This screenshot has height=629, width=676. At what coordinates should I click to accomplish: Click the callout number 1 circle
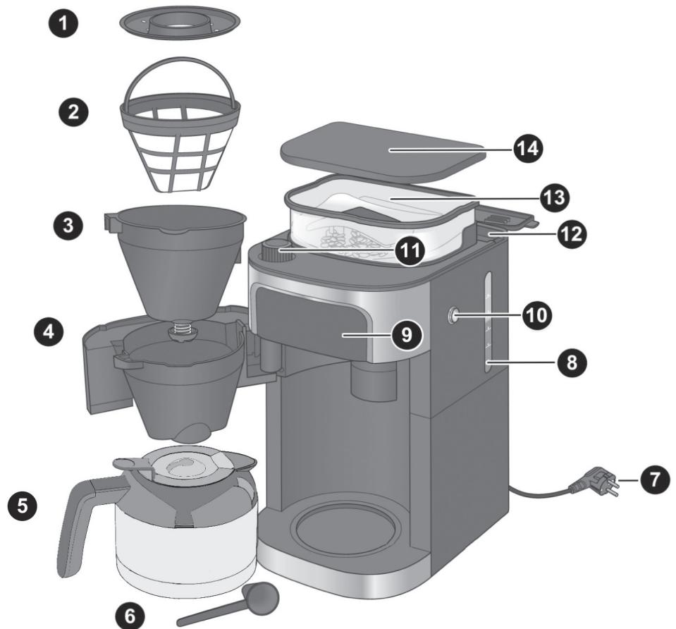(63, 23)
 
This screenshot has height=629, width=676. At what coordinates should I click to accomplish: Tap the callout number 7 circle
(655, 480)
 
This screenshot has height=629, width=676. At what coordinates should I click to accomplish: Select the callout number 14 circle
(528, 148)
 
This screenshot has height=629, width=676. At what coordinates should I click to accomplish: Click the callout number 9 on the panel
(407, 335)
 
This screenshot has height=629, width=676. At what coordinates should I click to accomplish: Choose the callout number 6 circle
(130, 616)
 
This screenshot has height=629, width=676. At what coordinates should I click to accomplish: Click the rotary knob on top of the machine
(274, 252)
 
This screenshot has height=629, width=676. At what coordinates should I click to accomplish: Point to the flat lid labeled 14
(381, 149)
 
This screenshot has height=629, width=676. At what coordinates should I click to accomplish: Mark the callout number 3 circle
(68, 225)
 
